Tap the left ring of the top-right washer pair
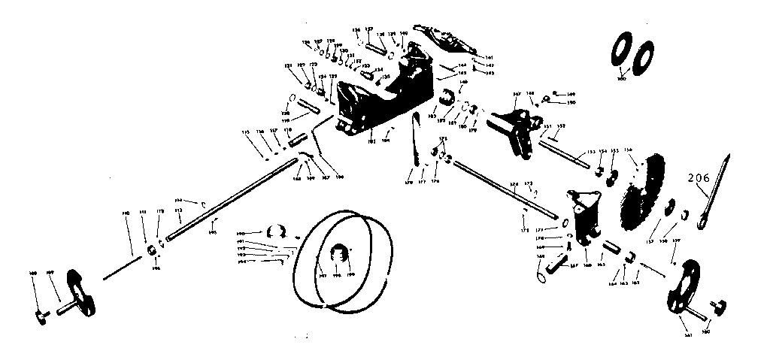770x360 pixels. coord(623,53)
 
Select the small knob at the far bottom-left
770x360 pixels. coord(40,319)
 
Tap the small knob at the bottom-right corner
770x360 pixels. coord(721,305)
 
